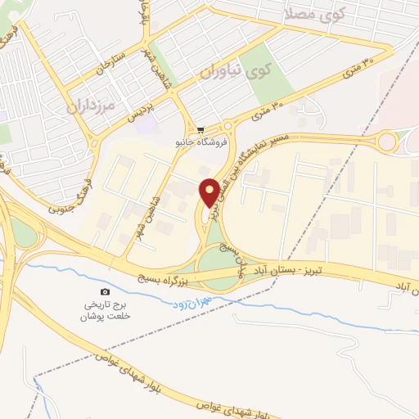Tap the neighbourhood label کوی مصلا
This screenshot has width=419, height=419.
[316, 14]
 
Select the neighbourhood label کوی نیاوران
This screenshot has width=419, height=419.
[238, 73]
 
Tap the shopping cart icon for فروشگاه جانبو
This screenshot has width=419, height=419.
[200, 130]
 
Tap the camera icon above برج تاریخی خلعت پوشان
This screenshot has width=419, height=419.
[105, 292]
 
